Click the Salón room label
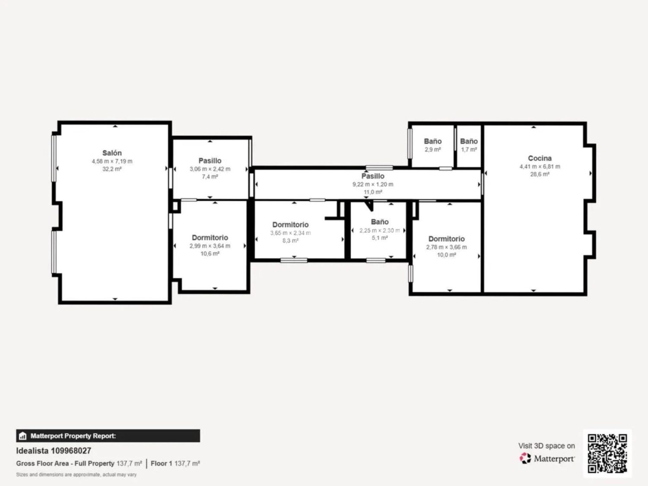coord(112,153)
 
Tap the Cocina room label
coord(540,158)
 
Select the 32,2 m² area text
coord(112,169)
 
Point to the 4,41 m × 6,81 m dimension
coord(540,166)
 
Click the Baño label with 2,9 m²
coord(433,141)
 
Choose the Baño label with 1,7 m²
coord(469,141)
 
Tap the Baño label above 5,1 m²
coord(380,222)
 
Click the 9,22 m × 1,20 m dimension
coord(373,184)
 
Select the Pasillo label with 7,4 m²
coord(210,161)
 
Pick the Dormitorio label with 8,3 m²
coord(290,225)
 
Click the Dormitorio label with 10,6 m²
coord(210,238)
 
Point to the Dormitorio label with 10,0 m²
coord(446,239)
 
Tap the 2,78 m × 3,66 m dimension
coord(446,247)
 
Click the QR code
coord(607,453)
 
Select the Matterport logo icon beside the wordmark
coord(525,458)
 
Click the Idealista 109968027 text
coord(54,451)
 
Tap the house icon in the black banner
coord(23,436)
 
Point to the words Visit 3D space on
coord(546,446)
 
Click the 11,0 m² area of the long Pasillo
coord(373,192)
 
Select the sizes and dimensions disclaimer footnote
coord(76,474)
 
